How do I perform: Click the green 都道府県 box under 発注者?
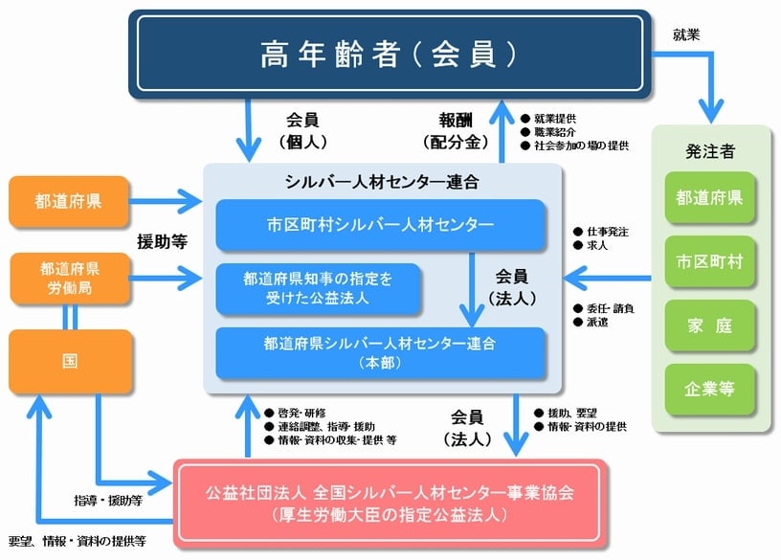(710, 199)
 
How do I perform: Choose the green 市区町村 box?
(710, 260)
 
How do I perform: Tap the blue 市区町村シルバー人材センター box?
(380, 225)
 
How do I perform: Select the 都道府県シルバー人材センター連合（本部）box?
(380, 351)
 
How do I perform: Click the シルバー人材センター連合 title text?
(381, 181)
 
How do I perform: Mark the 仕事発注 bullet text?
(609, 232)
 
